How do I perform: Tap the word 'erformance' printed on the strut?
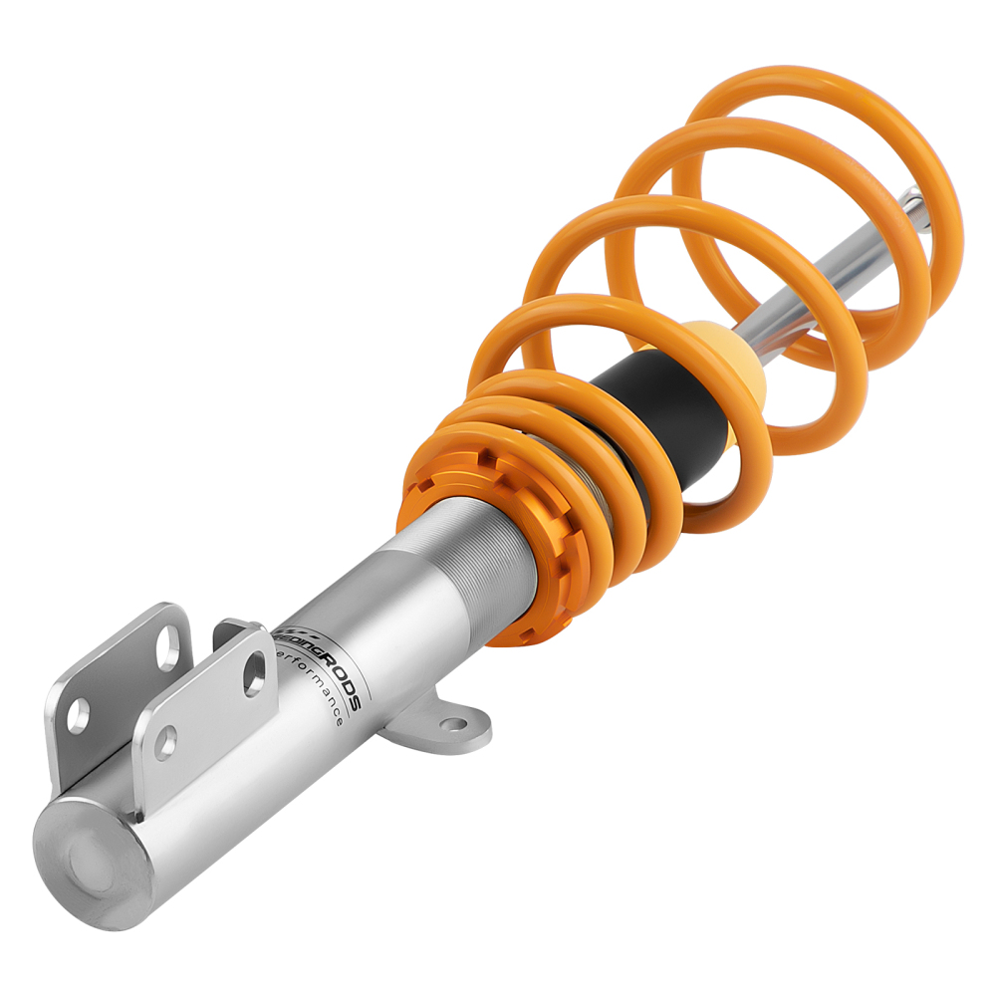[x=317, y=688]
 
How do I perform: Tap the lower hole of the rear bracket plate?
[x=78, y=714]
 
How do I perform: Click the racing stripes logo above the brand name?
[x=294, y=634]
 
